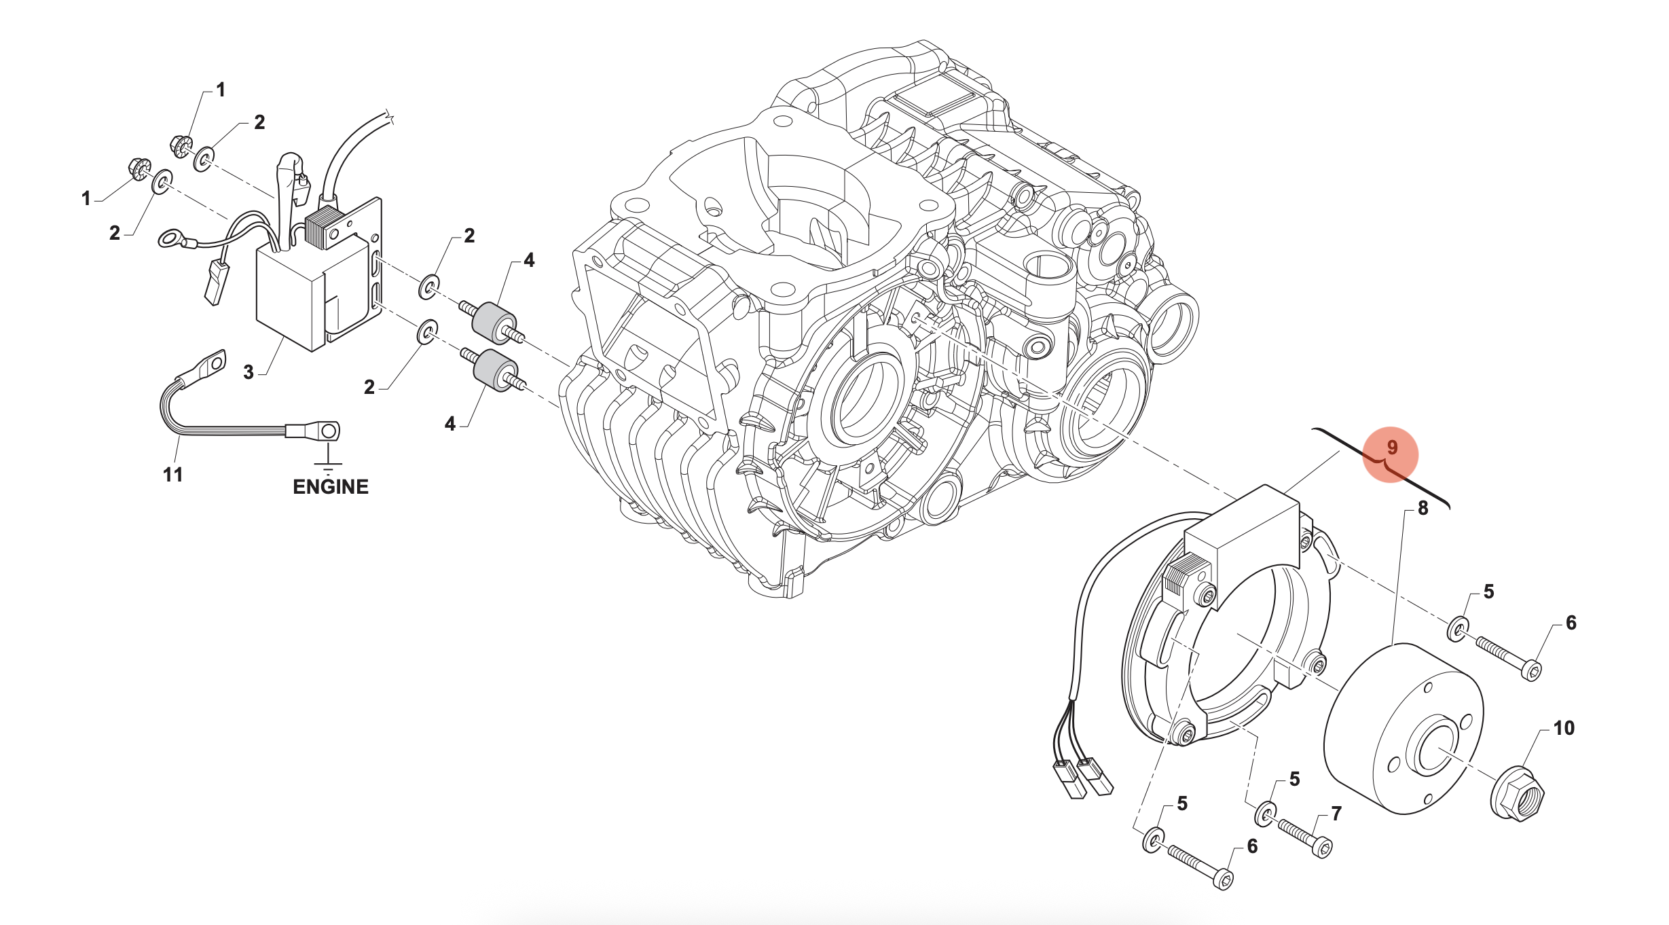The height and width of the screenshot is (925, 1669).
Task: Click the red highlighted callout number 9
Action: (x=1391, y=448)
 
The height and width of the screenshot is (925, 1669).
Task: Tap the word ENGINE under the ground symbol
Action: (x=331, y=487)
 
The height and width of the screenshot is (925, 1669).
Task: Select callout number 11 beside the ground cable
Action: (x=172, y=475)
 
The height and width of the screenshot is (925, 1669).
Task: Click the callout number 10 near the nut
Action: (x=1564, y=728)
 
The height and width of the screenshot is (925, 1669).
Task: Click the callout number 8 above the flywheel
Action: (x=1423, y=508)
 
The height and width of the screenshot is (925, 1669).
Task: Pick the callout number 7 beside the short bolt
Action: (x=1336, y=813)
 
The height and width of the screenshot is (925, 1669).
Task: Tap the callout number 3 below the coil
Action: (x=249, y=372)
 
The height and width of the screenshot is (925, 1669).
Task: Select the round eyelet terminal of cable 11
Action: (x=329, y=431)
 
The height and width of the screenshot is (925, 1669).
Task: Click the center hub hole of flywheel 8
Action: (x=1431, y=747)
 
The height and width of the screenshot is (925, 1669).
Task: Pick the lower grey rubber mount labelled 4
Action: (x=494, y=371)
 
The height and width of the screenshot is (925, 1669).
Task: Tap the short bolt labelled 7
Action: (x=1304, y=837)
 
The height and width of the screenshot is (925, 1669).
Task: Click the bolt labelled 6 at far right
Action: (x=1508, y=657)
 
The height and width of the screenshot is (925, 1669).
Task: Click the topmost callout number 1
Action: (x=220, y=90)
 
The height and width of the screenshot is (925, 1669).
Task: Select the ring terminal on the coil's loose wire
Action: (x=170, y=238)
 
